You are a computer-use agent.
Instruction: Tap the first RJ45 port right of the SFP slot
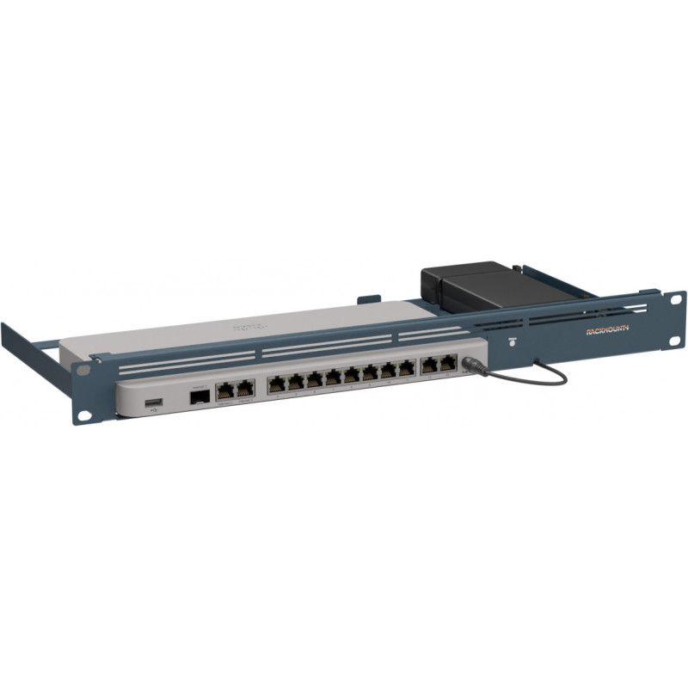[x=225, y=390]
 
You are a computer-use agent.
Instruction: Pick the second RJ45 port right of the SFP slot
[x=244, y=388]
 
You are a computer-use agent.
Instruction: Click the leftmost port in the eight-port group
[x=277, y=384]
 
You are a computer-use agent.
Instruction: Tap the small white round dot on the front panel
[x=513, y=341]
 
